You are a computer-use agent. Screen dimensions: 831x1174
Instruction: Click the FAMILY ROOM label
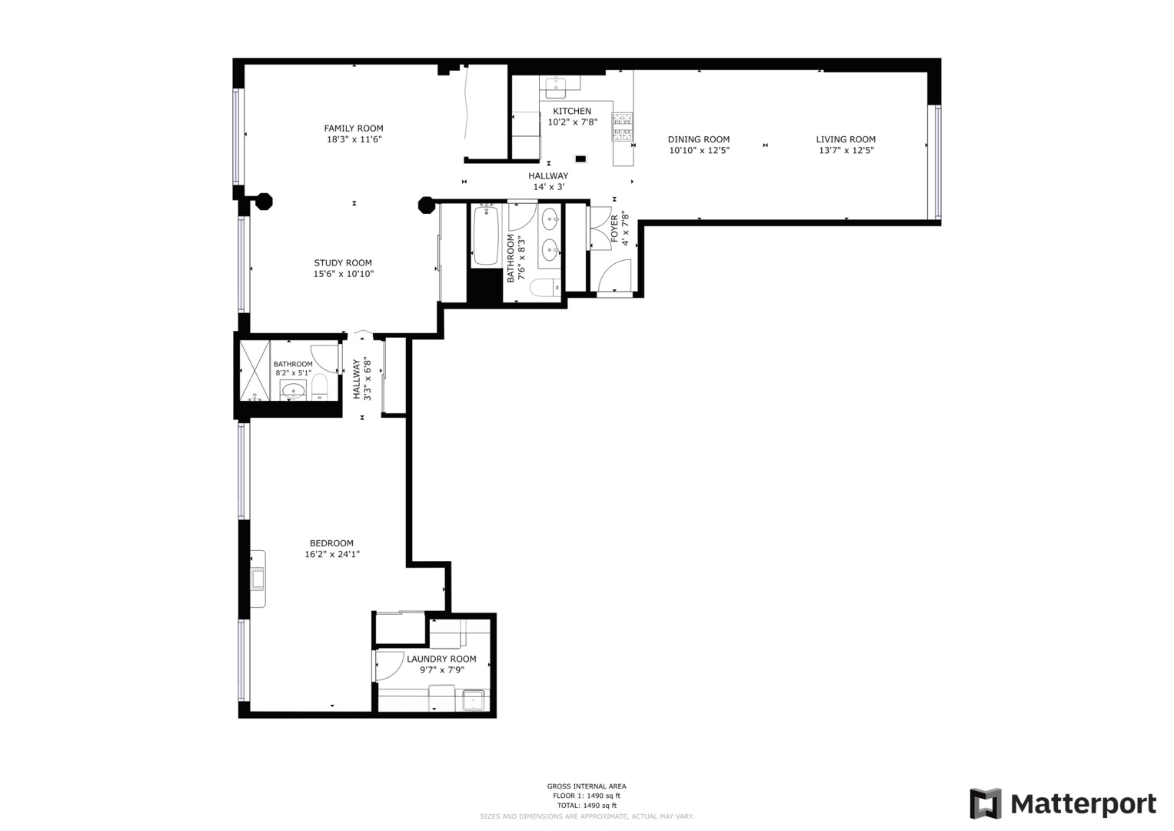353,128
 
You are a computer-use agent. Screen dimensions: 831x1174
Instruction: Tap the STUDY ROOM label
342,263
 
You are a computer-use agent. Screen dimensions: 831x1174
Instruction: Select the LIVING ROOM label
846,139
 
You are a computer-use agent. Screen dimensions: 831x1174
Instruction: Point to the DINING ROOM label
698,139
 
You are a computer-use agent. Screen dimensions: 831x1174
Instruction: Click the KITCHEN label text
572,112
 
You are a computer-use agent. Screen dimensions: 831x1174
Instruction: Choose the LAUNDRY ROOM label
441,659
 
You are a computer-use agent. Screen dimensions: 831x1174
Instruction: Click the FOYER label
614,229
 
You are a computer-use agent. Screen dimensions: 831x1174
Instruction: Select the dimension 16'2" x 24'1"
332,554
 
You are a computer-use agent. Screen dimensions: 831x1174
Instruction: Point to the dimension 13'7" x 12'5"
846,151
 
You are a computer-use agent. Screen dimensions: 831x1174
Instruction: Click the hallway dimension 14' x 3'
548,187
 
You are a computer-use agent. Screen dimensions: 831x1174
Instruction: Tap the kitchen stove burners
622,127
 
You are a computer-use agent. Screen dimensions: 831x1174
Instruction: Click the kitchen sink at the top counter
555,84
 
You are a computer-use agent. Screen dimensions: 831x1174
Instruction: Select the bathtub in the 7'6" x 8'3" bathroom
486,235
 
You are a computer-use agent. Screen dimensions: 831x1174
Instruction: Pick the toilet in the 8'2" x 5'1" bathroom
320,387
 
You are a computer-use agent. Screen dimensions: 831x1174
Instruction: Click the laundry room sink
474,701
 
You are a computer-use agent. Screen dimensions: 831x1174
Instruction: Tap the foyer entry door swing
616,276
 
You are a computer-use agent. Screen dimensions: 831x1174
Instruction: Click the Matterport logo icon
985,804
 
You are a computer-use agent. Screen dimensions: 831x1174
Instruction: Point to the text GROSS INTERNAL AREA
586,786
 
